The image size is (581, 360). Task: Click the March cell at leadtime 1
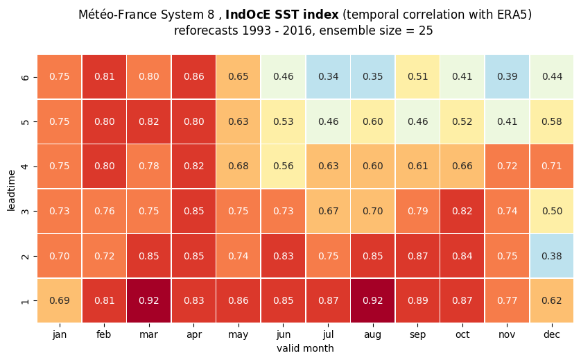[x=149, y=300]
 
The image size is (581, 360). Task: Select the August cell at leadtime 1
[x=373, y=300]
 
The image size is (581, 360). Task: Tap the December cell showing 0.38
[x=552, y=256]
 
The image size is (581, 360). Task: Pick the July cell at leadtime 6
[x=328, y=77]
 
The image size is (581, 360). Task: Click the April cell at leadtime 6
[x=194, y=77]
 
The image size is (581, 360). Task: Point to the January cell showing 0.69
[x=60, y=300]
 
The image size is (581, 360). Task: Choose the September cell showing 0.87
[x=417, y=256]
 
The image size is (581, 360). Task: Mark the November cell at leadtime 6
[x=507, y=77]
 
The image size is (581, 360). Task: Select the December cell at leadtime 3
[x=552, y=211]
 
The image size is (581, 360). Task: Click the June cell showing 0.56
[x=283, y=166]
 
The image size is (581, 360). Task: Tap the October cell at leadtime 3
[x=462, y=211]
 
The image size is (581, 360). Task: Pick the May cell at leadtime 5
[x=239, y=121]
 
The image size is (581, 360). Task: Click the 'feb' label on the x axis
[x=104, y=334]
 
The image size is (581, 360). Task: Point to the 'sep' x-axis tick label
[x=417, y=335]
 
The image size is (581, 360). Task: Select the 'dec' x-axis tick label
[x=552, y=334]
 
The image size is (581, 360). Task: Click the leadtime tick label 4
[x=25, y=166]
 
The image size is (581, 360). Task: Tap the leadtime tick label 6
[x=25, y=77]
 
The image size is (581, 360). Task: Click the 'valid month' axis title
[x=305, y=348]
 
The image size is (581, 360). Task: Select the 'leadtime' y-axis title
[x=11, y=191]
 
